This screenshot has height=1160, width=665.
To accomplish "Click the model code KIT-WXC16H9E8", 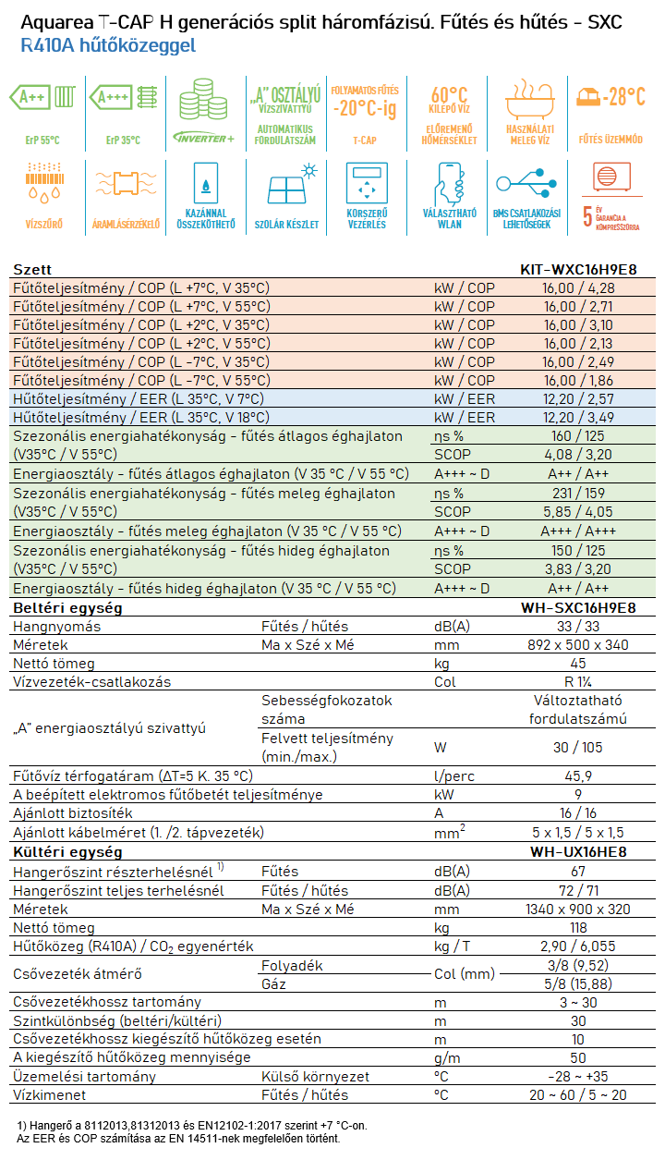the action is (578, 269).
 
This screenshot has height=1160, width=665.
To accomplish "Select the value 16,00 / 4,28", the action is (578, 288).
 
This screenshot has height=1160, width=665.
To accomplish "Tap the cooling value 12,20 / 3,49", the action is (578, 418).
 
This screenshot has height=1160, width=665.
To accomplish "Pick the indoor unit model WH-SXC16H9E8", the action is (578, 607).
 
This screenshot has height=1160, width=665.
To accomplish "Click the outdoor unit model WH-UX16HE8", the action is (578, 852).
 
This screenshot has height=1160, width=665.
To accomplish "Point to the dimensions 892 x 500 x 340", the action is (578, 645).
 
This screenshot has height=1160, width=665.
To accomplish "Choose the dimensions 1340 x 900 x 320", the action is (578, 910).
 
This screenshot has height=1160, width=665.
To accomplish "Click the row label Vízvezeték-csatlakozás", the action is (91, 682).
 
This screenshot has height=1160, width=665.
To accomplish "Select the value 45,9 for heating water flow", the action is (578, 775).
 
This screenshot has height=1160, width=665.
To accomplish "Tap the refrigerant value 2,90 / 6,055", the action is (578, 946).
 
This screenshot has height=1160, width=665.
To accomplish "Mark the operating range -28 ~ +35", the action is (578, 1077).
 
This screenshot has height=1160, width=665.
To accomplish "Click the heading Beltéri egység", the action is (67, 608).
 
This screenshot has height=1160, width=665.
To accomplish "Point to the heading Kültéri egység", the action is (67, 852).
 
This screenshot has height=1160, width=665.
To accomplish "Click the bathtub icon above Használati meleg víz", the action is (530, 100).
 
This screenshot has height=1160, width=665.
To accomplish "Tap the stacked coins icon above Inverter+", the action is (203, 99).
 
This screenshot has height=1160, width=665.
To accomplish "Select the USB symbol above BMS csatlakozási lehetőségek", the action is (526, 183).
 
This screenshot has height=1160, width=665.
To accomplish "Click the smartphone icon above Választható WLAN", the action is (449, 184).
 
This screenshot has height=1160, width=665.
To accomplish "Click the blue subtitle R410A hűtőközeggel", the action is (108, 45).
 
